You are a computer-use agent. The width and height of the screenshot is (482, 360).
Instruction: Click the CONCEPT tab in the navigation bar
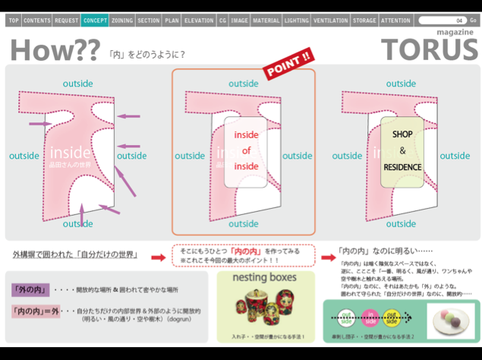pos(95,21)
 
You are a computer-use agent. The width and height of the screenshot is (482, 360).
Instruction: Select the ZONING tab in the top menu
pos(122,21)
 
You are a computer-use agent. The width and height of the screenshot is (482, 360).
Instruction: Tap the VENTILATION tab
pos(329,21)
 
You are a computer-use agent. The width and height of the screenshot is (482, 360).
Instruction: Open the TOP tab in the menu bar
pos(14,21)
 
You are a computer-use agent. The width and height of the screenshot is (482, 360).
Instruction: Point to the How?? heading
pos(55,50)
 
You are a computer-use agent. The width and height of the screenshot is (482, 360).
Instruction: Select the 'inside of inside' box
pos(246,150)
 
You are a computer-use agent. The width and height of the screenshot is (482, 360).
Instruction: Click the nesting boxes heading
pos(263,279)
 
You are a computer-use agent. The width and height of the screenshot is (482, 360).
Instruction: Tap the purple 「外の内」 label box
pos(30,290)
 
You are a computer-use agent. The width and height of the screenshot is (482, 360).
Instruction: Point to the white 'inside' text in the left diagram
pos(70,153)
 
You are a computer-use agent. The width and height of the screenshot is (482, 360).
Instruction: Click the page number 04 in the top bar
pos(458,21)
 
